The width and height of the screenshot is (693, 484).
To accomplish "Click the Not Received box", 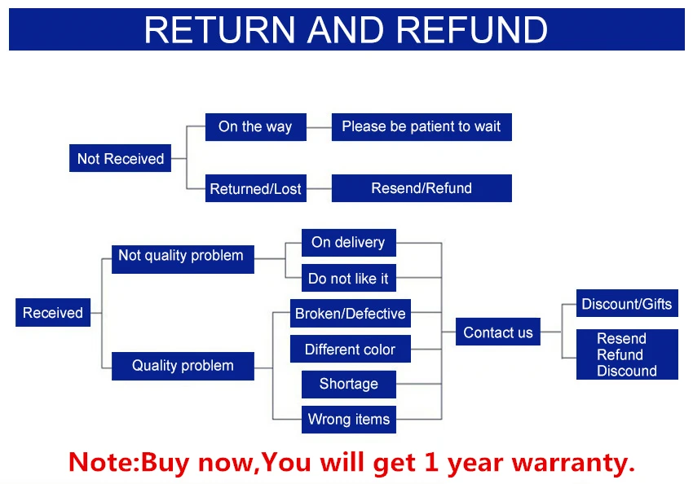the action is (120, 158).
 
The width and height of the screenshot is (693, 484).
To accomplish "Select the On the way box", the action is (256, 127).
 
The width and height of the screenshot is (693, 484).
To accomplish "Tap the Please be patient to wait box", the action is (422, 127).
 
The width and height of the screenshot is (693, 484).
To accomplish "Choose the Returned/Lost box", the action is (256, 188).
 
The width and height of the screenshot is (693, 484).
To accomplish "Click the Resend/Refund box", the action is (422, 188).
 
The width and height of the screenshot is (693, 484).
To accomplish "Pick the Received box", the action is (53, 313).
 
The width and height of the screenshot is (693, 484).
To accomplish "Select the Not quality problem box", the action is (183, 259).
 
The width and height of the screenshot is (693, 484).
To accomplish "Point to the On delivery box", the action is (349, 243).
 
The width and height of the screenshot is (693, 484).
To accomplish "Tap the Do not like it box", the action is (349, 278).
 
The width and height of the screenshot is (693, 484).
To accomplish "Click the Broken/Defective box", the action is (351, 313).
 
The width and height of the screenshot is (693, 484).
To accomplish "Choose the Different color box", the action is (351, 349).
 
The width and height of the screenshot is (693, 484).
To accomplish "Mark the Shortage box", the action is (349, 385).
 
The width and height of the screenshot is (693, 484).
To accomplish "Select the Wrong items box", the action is (349, 420).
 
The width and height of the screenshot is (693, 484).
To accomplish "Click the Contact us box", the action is (498, 332).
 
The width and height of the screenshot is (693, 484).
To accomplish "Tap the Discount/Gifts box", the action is (627, 303).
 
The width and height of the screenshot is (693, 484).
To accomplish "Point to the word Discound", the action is (627, 371).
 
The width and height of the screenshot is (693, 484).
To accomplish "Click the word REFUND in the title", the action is (472, 30).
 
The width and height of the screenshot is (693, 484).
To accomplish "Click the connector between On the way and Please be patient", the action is (319, 127).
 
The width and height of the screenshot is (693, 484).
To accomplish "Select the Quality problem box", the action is (183, 366).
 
